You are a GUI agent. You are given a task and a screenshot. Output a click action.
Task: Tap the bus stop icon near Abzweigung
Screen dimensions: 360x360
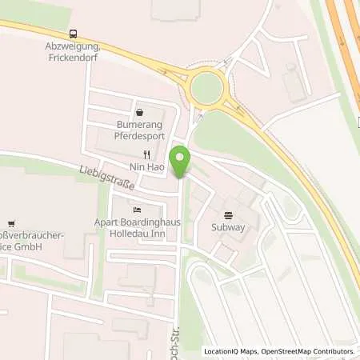(x=74, y=34)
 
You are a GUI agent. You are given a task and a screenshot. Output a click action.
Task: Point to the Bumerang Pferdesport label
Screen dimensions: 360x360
(x=140, y=131)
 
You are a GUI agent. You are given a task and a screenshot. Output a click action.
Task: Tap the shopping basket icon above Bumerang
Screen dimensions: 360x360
(x=141, y=114)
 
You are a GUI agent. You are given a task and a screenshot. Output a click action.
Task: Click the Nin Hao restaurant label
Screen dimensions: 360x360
(x=146, y=169)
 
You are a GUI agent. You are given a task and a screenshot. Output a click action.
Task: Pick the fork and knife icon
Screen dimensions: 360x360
(x=146, y=154)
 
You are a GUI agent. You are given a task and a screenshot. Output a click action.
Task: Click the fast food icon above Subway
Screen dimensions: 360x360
(x=229, y=214)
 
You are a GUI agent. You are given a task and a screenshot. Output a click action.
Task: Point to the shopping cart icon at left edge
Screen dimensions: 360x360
(x=10, y=222)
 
